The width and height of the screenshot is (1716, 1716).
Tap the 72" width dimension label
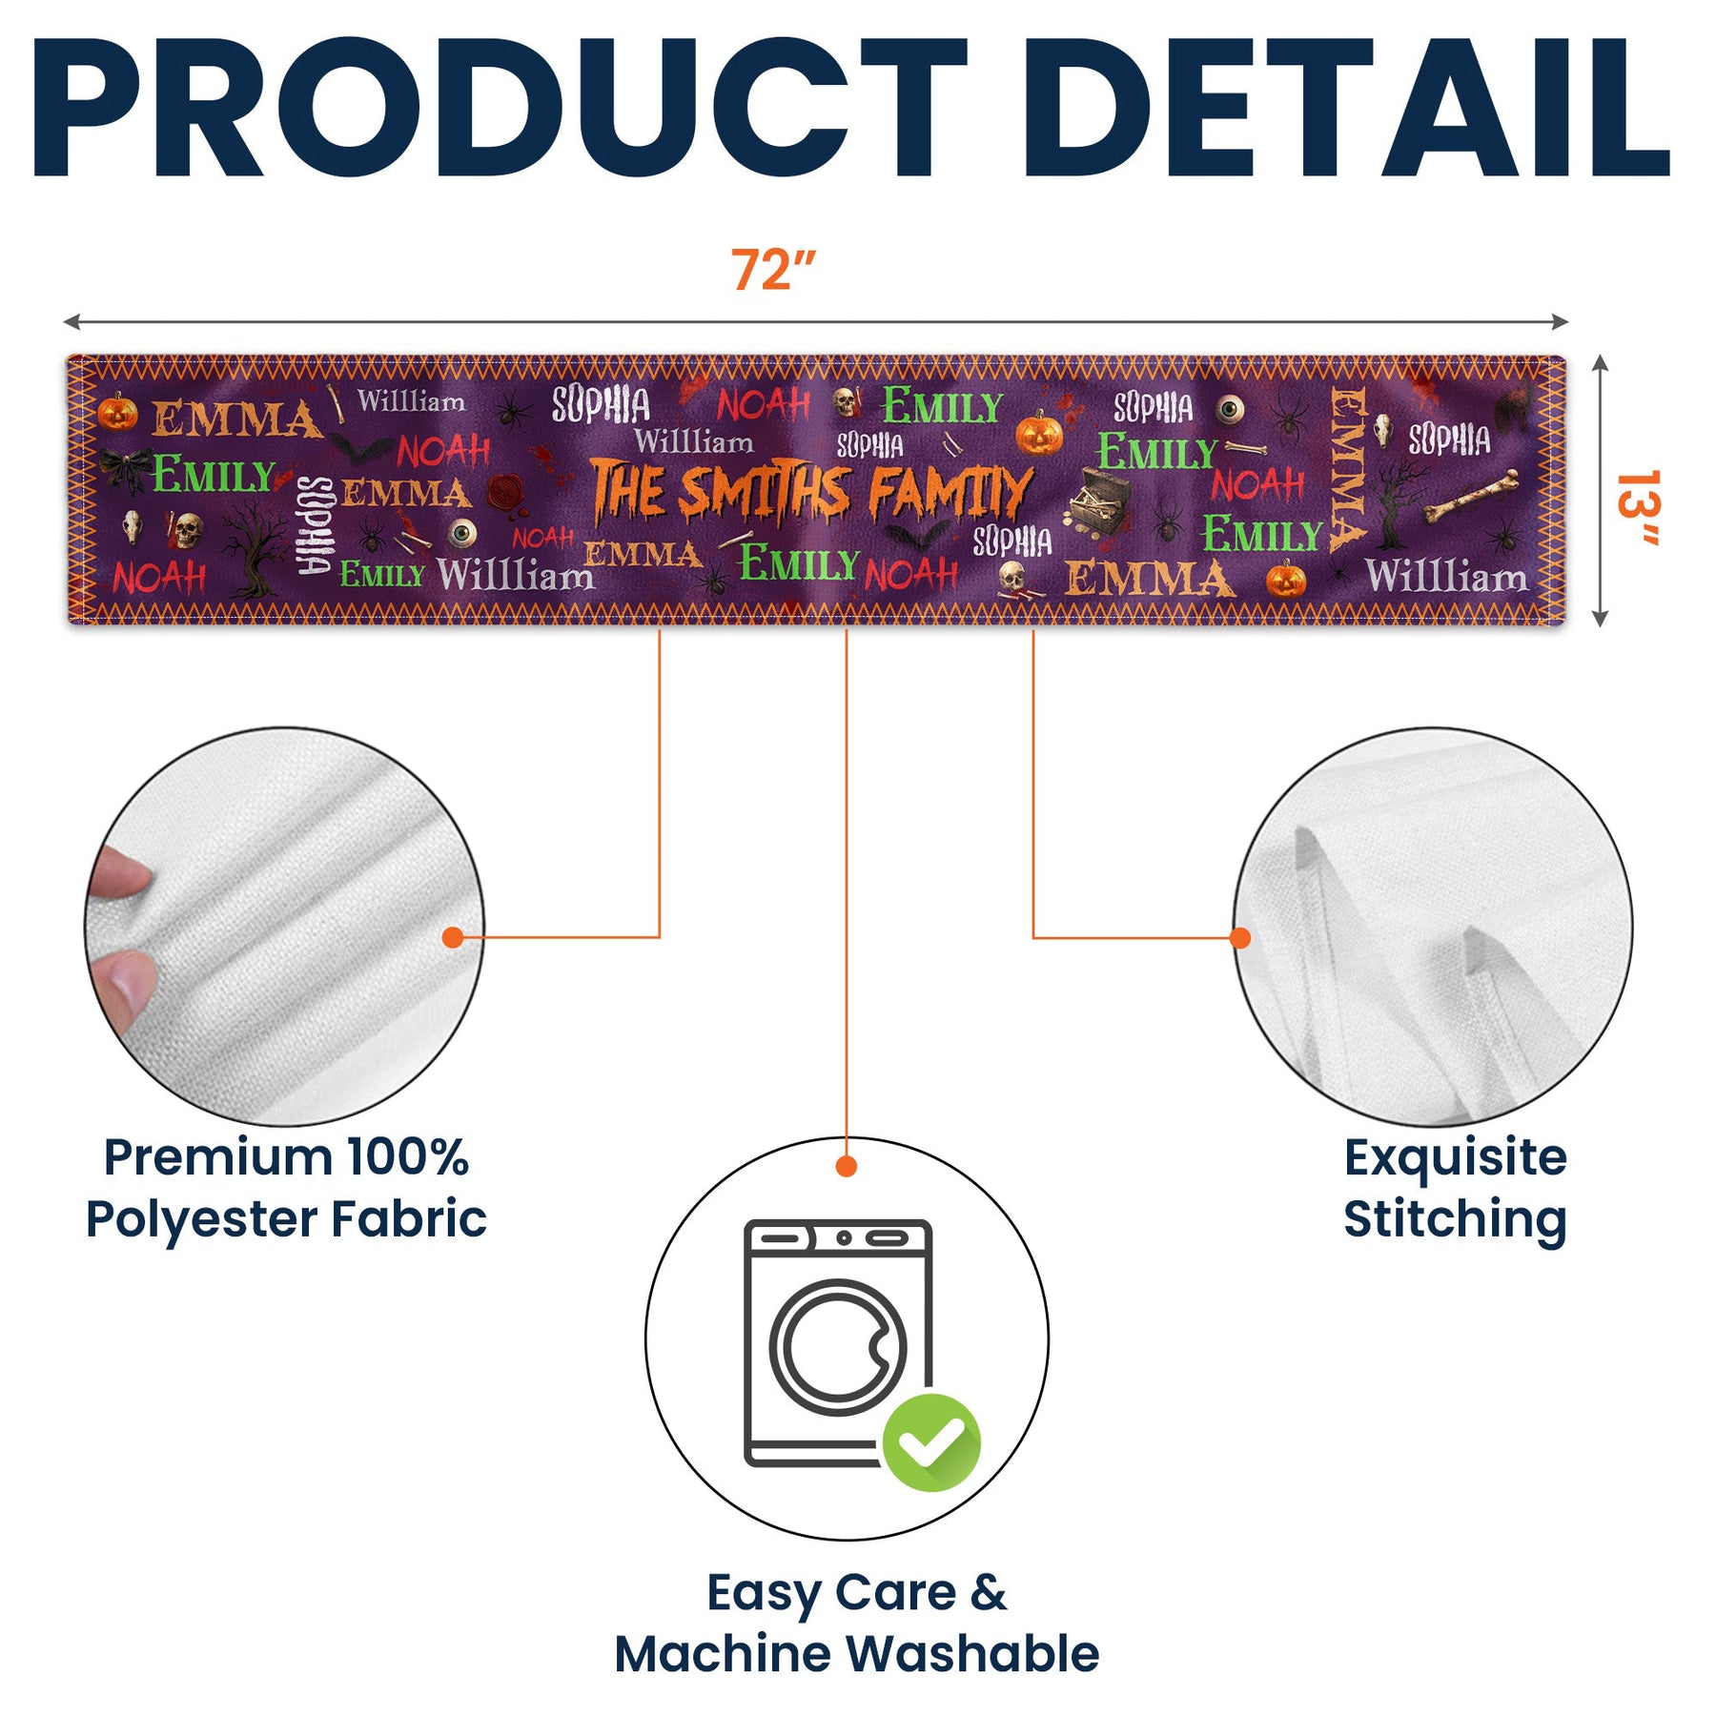pos(773,270)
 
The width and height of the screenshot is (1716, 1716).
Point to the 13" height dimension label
pos(1638,507)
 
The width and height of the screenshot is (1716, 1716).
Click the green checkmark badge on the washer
pos(931,1441)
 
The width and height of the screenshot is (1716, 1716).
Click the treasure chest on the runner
pos(1099,500)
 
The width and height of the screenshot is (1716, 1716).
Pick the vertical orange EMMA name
pos(1349,469)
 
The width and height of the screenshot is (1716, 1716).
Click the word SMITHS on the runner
pos(763,493)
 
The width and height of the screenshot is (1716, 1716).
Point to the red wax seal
pos(504,492)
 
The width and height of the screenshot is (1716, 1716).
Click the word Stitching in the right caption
pos(1455,1219)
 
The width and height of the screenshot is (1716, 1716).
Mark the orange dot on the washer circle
pos(846,1166)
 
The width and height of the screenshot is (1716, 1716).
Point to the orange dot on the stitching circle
pos(1240,938)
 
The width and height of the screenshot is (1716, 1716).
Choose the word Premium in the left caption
pos(218,1157)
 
